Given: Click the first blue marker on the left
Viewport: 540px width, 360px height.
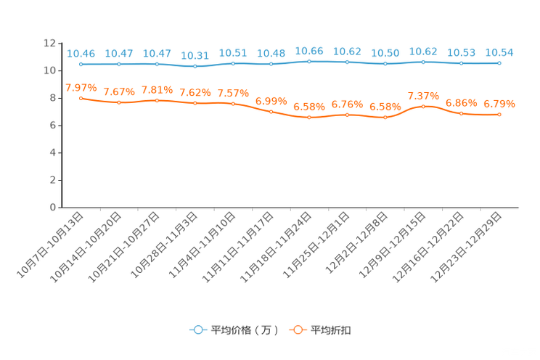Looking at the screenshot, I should point(81,64).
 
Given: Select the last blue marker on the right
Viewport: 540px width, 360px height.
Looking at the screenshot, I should point(499,63).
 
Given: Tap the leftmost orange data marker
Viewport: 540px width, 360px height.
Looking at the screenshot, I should point(81,97).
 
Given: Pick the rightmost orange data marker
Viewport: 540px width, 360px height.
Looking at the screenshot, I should point(499,115).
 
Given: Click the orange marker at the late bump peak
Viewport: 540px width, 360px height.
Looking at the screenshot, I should point(423,106).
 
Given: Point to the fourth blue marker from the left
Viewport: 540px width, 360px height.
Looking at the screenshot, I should point(195,66).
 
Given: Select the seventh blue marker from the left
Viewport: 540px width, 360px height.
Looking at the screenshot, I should point(309,62).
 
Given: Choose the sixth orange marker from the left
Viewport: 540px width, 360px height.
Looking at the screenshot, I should point(271,112).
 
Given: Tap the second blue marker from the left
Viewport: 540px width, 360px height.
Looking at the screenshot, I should point(118,64).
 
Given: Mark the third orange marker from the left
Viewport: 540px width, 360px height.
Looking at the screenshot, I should point(157,100).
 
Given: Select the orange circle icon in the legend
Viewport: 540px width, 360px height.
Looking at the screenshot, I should point(297,330).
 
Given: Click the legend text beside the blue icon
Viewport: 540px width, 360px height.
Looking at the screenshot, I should point(245,330).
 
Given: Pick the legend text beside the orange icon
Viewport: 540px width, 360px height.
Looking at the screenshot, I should point(332,330).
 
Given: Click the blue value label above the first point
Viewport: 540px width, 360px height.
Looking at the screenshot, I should point(81,53).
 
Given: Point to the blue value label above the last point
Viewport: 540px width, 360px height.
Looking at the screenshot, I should point(499,52).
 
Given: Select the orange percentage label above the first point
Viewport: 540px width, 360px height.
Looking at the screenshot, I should point(80,87).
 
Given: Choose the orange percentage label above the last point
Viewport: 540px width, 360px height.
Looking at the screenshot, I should point(499,104).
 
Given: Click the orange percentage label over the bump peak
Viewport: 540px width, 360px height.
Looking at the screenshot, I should point(423,96).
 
